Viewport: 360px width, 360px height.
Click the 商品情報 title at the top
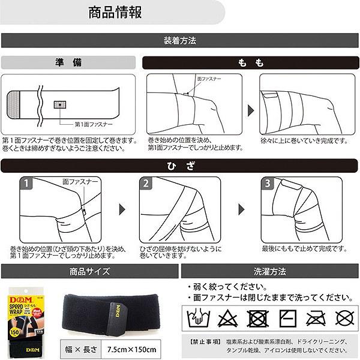coord(111,13)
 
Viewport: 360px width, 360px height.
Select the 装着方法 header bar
coord(179,41)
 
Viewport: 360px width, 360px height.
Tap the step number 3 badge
coord(268,183)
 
